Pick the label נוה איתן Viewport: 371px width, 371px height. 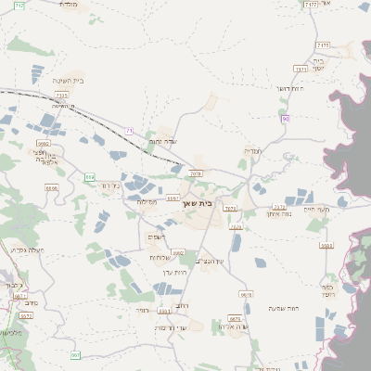coord(280,214)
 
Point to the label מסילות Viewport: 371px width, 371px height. coord(150,201)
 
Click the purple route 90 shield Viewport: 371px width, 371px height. coord(286,118)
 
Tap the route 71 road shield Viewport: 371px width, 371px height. coord(129,132)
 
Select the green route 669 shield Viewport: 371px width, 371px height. coord(90,175)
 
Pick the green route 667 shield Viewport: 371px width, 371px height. coord(76,354)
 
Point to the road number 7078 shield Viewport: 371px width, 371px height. coord(195,173)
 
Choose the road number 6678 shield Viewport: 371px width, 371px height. coord(246,294)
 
